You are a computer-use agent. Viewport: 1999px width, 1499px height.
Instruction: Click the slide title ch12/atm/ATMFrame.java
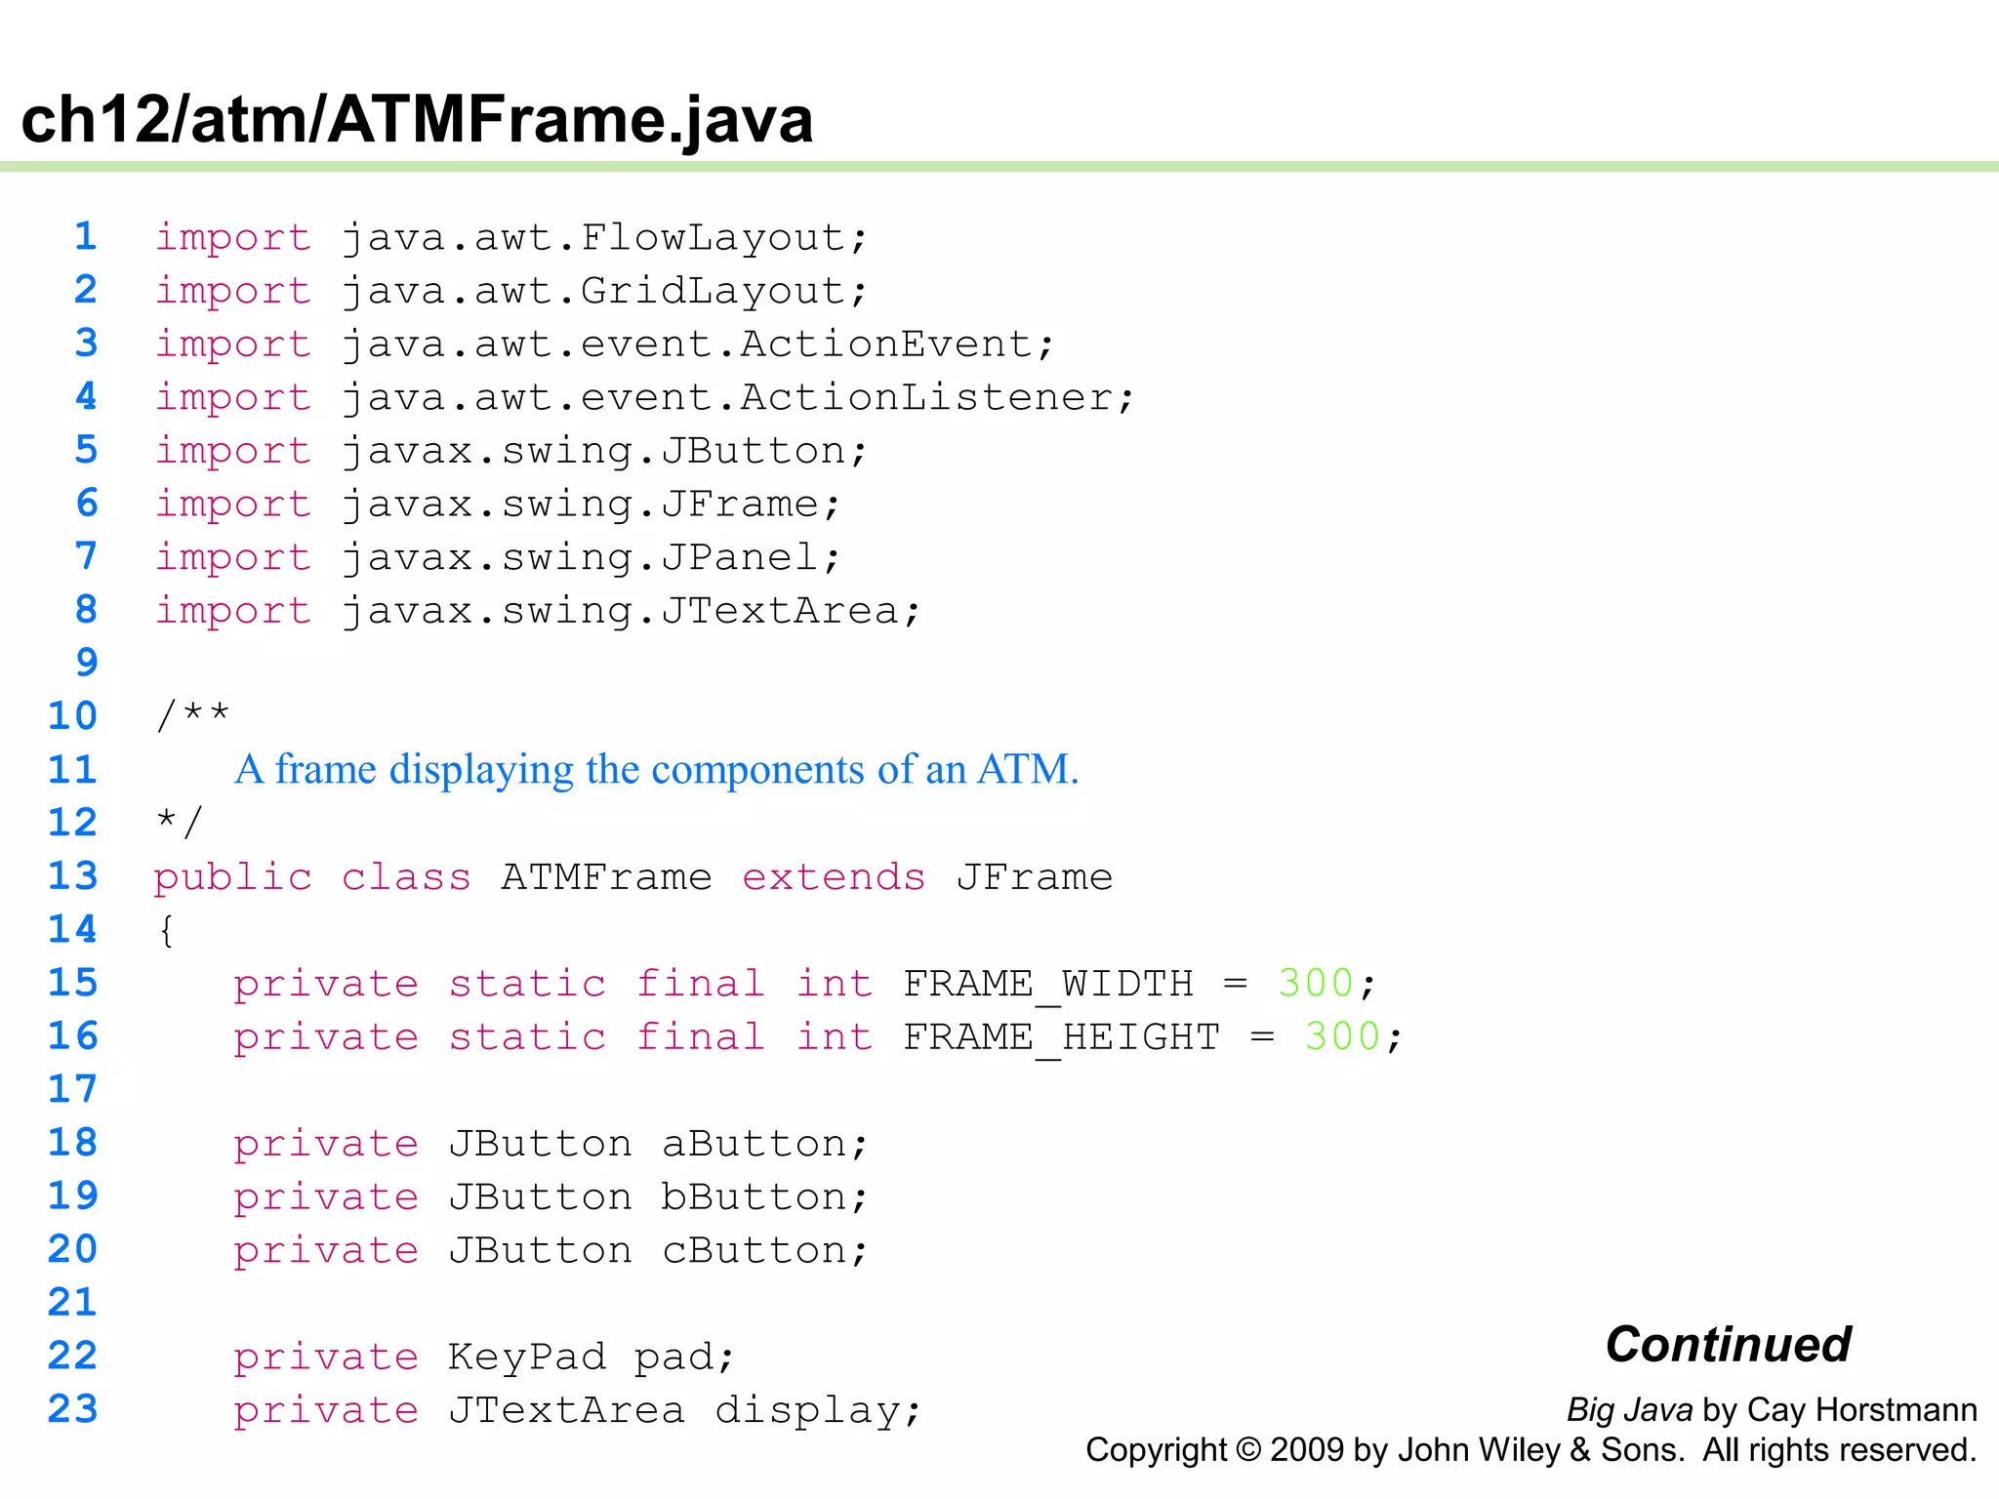click(x=417, y=119)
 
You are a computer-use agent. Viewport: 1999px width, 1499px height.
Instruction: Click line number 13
click(x=73, y=875)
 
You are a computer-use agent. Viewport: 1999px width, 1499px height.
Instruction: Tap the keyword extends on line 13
click(x=833, y=876)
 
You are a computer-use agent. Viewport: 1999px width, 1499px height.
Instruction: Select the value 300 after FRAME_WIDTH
click(x=1315, y=983)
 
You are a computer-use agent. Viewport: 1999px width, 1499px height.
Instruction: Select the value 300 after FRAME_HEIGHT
click(x=1342, y=1036)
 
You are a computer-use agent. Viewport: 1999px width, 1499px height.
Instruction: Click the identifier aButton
click(x=753, y=1143)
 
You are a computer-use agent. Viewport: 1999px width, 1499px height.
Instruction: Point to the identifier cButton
click(x=753, y=1250)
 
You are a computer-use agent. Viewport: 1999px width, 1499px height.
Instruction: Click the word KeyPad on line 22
click(x=527, y=1357)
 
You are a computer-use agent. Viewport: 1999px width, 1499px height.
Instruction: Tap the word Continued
click(x=1728, y=1344)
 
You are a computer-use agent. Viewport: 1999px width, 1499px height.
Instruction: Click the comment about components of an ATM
click(x=656, y=769)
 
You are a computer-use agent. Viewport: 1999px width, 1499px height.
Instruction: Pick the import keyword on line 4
click(x=233, y=397)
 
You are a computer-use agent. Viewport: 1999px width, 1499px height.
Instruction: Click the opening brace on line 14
click(x=167, y=929)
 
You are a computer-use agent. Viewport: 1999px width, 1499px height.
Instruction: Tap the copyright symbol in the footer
click(x=1248, y=1450)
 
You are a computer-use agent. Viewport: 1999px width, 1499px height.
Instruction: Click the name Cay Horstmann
click(x=1861, y=1409)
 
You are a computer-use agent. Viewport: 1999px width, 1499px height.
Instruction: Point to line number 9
click(x=87, y=663)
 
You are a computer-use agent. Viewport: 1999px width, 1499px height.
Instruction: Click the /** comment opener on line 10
click(x=192, y=715)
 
